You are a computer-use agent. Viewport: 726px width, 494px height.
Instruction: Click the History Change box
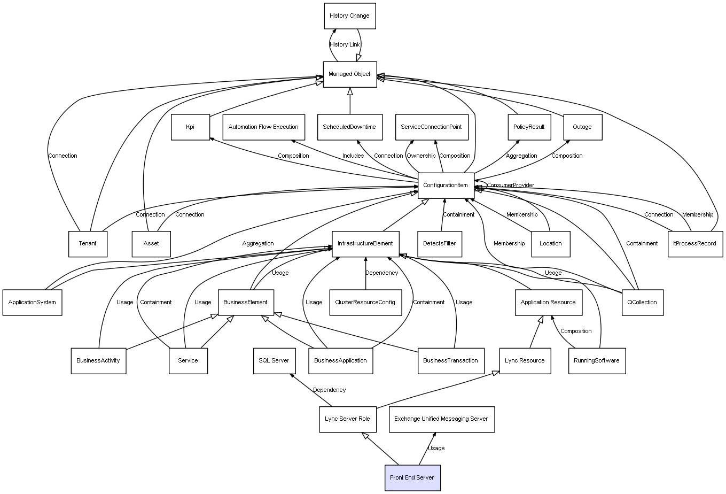click(x=349, y=16)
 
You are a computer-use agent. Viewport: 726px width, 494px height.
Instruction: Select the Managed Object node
click(x=349, y=74)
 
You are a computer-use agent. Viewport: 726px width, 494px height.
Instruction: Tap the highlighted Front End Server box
click(x=412, y=477)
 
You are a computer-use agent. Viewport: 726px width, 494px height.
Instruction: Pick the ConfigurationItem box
click(x=446, y=186)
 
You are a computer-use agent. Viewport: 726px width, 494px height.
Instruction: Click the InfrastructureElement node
click(x=365, y=244)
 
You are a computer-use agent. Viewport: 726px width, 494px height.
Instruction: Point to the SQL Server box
click(x=274, y=360)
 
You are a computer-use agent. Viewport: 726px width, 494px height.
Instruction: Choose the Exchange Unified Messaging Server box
click(x=441, y=419)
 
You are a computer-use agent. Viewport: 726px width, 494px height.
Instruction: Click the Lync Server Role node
click(x=347, y=419)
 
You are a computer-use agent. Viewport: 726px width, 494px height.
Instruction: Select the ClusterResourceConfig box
click(x=365, y=302)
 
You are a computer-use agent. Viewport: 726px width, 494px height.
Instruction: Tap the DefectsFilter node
click(x=439, y=244)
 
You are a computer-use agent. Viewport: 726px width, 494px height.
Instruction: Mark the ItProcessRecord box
click(x=694, y=244)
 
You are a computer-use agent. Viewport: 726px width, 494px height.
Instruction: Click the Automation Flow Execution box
click(x=263, y=127)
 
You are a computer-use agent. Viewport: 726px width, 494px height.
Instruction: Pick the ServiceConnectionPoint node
click(x=431, y=127)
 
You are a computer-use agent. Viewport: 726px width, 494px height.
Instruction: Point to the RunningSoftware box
click(x=596, y=360)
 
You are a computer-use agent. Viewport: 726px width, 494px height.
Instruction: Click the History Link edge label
click(x=345, y=45)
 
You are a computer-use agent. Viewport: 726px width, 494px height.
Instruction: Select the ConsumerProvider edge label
click(x=510, y=186)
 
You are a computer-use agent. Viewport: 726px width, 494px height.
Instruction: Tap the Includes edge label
click(x=353, y=156)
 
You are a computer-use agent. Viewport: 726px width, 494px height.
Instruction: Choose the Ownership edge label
click(x=421, y=156)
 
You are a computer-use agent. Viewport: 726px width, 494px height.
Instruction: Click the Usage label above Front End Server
click(x=436, y=449)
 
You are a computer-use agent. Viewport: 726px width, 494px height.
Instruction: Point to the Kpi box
click(x=190, y=127)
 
